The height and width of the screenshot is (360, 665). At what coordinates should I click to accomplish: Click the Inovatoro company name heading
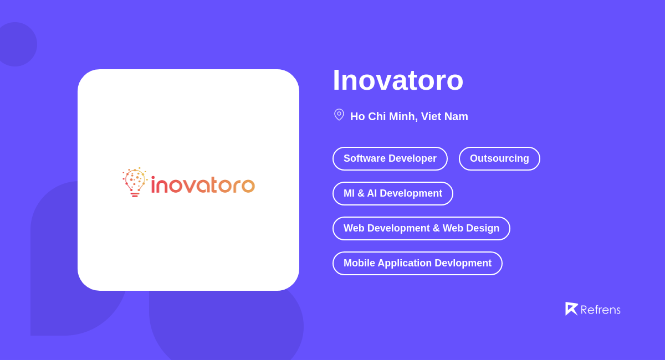pos(398,80)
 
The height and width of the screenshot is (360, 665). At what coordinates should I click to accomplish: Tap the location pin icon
pos(339,115)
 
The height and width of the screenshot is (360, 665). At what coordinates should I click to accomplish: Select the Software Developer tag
pos(390,159)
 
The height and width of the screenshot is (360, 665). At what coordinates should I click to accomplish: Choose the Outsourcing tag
pos(499,159)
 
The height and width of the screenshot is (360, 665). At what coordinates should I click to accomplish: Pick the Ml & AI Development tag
pos(392,194)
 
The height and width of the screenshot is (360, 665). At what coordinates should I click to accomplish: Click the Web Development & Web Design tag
pos(421,229)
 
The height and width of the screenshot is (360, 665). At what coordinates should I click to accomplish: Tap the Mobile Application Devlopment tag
pos(417,264)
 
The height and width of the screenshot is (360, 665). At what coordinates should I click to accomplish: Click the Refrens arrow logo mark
pos(571,308)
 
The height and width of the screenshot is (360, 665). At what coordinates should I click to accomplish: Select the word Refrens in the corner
pos(600,310)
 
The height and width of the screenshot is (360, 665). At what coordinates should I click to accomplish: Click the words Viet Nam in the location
pos(444,117)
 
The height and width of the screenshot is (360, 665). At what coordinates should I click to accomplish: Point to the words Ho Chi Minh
pos(383,117)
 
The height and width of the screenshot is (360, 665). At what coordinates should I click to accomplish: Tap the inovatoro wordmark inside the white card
pos(203,185)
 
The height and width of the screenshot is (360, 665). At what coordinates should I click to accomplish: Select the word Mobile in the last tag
pos(359,264)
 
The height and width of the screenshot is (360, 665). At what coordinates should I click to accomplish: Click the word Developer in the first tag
pos(412,159)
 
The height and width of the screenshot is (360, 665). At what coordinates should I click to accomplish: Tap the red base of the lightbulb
pos(135,194)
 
